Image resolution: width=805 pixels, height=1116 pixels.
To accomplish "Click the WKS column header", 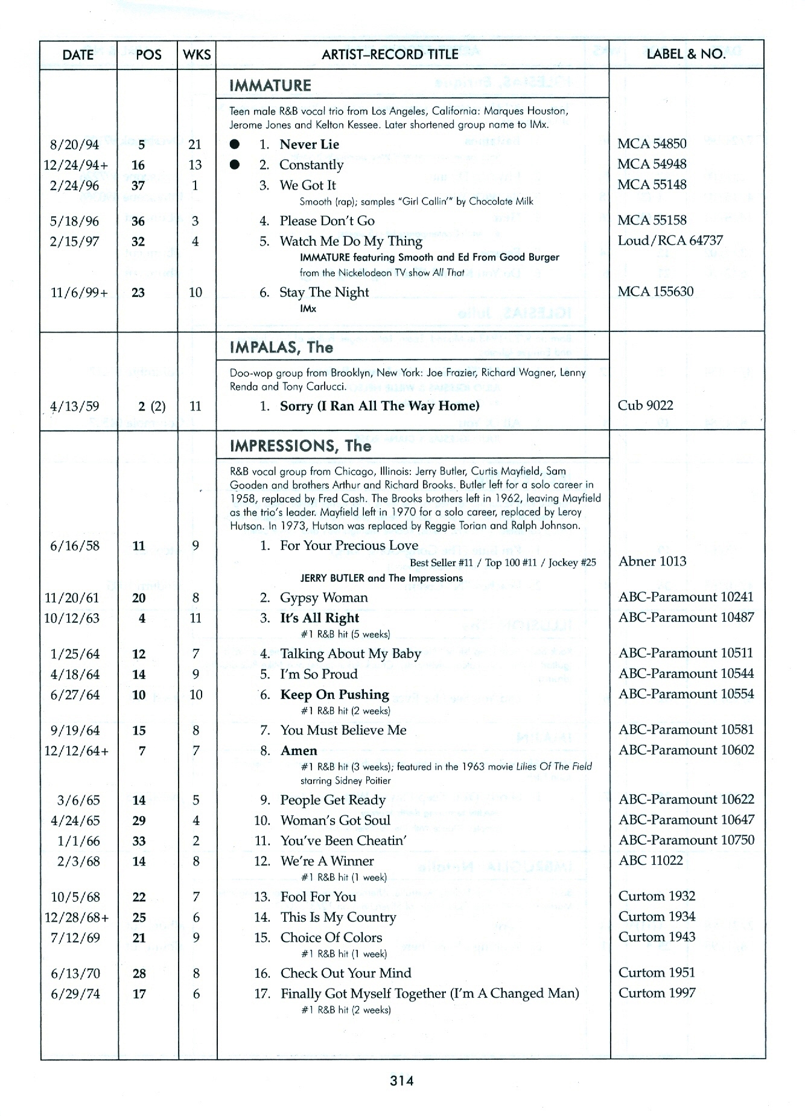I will pyautogui.click(x=197, y=54).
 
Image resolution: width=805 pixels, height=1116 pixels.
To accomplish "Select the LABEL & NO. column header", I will pyautogui.click(x=686, y=54).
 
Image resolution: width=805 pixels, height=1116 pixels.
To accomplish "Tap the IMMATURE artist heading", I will pyautogui.click(x=270, y=86).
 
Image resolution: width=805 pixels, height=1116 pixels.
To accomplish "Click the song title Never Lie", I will pyautogui.click(x=309, y=144).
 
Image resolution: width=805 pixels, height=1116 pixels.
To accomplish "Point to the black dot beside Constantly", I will pyautogui.click(x=235, y=165).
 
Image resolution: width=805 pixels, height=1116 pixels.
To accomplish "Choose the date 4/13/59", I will pyautogui.click(x=75, y=406).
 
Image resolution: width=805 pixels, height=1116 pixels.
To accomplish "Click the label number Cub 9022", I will pyautogui.click(x=645, y=405).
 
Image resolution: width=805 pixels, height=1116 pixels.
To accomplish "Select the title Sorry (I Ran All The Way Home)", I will pyautogui.click(x=380, y=406).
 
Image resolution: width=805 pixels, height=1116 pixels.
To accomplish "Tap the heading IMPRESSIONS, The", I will pyautogui.click(x=301, y=446).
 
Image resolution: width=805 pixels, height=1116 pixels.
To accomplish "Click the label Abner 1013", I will pyautogui.click(x=652, y=561).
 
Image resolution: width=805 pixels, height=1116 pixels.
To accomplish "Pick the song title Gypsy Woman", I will pyautogui.click(x=324, y=598).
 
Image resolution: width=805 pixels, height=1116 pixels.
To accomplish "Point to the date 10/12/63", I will pyautogui.click(x=72, y=618).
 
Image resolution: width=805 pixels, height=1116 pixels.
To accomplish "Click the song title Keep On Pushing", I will pyautogui.click(x=335, y=694).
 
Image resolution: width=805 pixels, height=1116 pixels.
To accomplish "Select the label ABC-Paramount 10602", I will pyautogui.click(x=686, y=750).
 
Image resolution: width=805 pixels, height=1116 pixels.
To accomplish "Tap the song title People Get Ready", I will pyautogui.click(x=333, y=800).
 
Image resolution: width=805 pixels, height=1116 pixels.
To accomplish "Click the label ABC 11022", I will pyautogui.click(x=651, y=860).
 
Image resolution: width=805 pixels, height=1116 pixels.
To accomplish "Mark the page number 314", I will pyautogui.click(x=402, y=1081).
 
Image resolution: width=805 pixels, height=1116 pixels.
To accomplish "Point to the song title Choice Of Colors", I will pyautogui.click(x=331, y=937).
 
